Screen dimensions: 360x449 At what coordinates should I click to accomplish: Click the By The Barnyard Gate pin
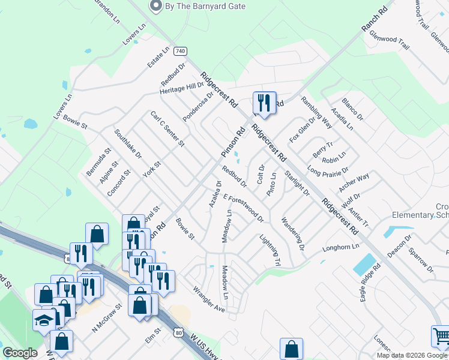156,6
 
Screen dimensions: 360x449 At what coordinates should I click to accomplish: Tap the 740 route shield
180,52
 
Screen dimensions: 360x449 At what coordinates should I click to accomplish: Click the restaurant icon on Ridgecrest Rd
264,102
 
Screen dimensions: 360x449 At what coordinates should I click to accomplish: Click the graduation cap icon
44,320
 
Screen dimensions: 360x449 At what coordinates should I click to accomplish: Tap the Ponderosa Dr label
199,106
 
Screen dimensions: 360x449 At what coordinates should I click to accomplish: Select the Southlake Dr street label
128,145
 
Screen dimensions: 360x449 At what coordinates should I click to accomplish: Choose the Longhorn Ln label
340,247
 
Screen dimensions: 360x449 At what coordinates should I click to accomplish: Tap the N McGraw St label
107,317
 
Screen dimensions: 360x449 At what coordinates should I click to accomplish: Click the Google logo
20,353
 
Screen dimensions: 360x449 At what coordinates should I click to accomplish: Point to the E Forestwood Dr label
243,207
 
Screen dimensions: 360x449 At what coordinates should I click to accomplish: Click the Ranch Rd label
375,21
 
